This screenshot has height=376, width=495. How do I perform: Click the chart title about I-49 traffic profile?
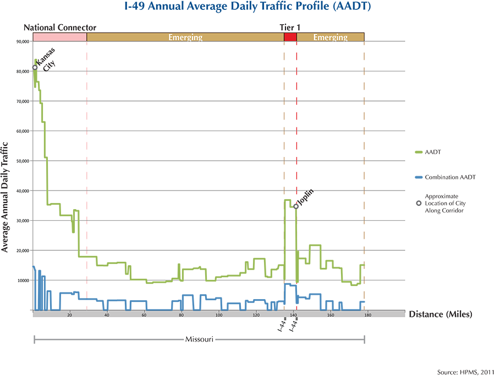(x=247, y=8)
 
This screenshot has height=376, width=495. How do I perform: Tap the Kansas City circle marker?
(x=35, y=68)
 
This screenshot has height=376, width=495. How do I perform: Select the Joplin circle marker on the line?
(x=296, y=206)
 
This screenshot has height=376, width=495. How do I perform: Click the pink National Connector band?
(x=60, y=37)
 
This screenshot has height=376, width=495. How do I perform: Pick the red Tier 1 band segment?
(x=290, y=37)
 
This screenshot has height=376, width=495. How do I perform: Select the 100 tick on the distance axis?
(x=219, y=315)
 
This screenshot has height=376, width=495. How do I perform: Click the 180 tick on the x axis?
(x=367, y=315)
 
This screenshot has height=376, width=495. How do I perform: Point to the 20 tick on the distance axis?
(x=70, y=315)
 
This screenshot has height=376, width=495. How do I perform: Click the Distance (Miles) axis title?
(x=439, y=314)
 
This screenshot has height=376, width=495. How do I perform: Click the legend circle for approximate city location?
(x=419, y=203)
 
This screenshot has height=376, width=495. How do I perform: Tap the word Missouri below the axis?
(x=199, y=339)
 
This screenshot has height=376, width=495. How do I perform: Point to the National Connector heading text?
(x=60, y=27)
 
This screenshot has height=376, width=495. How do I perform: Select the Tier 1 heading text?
(x=290, y=27)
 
